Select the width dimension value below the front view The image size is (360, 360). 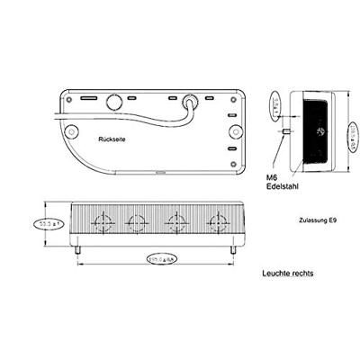click(162, 259)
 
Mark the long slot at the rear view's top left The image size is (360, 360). click(86, 97)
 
